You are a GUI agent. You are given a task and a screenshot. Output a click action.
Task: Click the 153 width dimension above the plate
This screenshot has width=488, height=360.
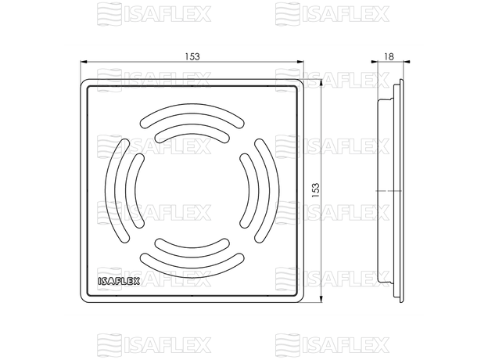click(x=192, y=56)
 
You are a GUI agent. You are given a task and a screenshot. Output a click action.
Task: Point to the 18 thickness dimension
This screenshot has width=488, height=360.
click(x=389, y=56)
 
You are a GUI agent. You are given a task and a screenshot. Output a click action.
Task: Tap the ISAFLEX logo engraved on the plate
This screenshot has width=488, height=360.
click(x=118, y=281)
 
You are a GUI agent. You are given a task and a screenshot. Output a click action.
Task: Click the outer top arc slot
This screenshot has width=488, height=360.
click(x=192, y=117)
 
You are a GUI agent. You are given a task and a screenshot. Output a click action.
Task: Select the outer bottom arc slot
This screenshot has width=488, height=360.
click(x=192, y=265)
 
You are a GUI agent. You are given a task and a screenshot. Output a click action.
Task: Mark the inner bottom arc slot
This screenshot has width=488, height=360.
click(x=192, y=248)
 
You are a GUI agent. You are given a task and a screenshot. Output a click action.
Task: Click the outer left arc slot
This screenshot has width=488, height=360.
click(x=117, y=191)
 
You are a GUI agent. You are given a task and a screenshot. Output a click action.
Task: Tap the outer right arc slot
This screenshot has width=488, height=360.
click(x=266, y=191)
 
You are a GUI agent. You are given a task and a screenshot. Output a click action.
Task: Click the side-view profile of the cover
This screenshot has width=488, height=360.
click(x=391, y=191)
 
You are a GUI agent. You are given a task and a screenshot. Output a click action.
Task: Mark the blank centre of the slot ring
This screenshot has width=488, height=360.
click(x=192, y=191)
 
